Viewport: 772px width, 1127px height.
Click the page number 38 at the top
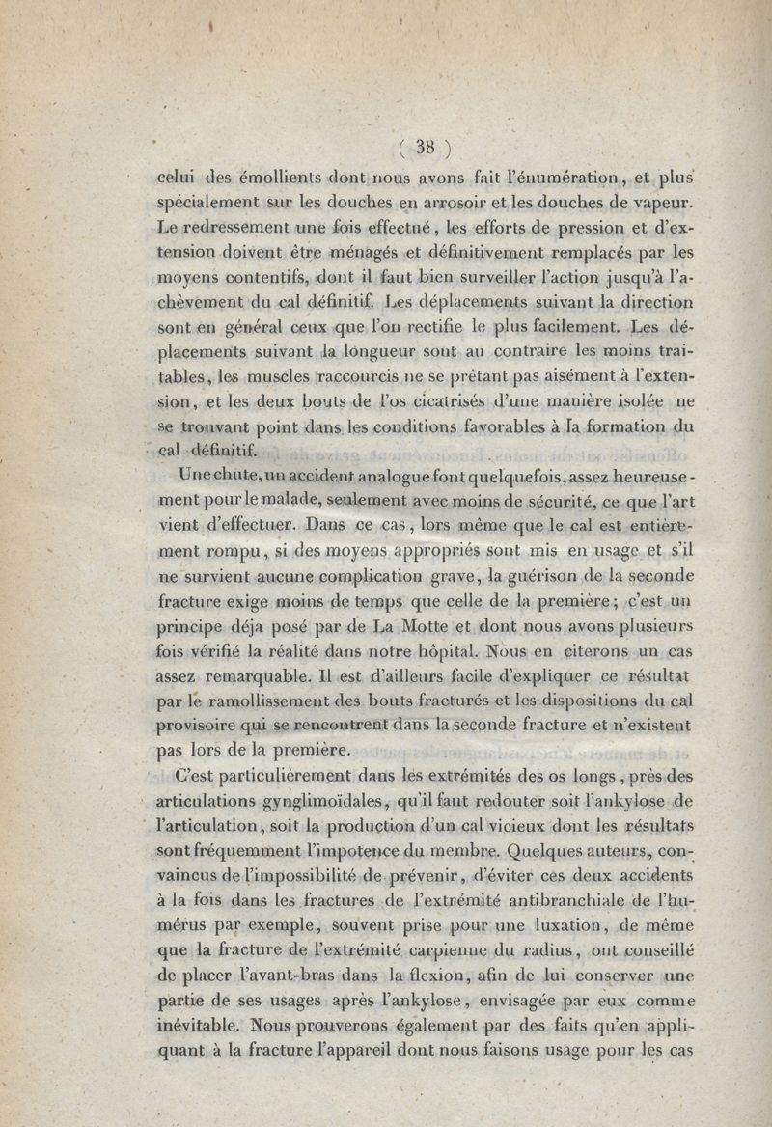426,147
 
